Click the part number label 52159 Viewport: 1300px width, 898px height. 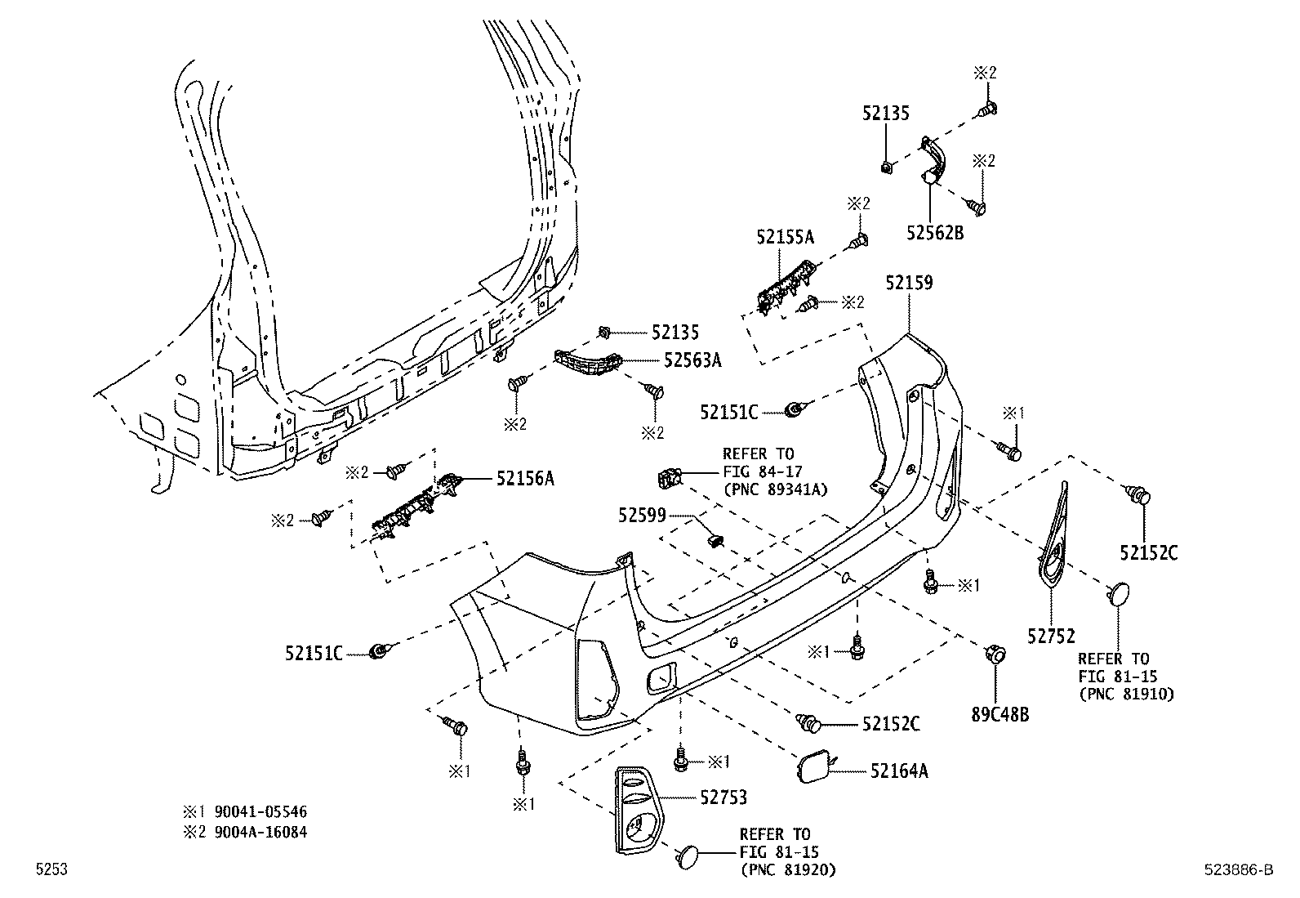point(909,283)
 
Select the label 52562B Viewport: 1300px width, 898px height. point(934,233)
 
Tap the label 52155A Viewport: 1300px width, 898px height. point(785,237)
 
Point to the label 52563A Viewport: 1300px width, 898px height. point(692,360)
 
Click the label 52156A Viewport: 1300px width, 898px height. point(525,479)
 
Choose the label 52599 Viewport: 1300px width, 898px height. point(642,515)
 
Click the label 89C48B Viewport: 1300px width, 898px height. point(999,714)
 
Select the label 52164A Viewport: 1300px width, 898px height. point(899,770)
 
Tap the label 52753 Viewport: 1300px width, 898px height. point(723,797)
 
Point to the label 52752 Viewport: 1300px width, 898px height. point(1051,636)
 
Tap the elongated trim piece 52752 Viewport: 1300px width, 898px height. point(1057,539)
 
